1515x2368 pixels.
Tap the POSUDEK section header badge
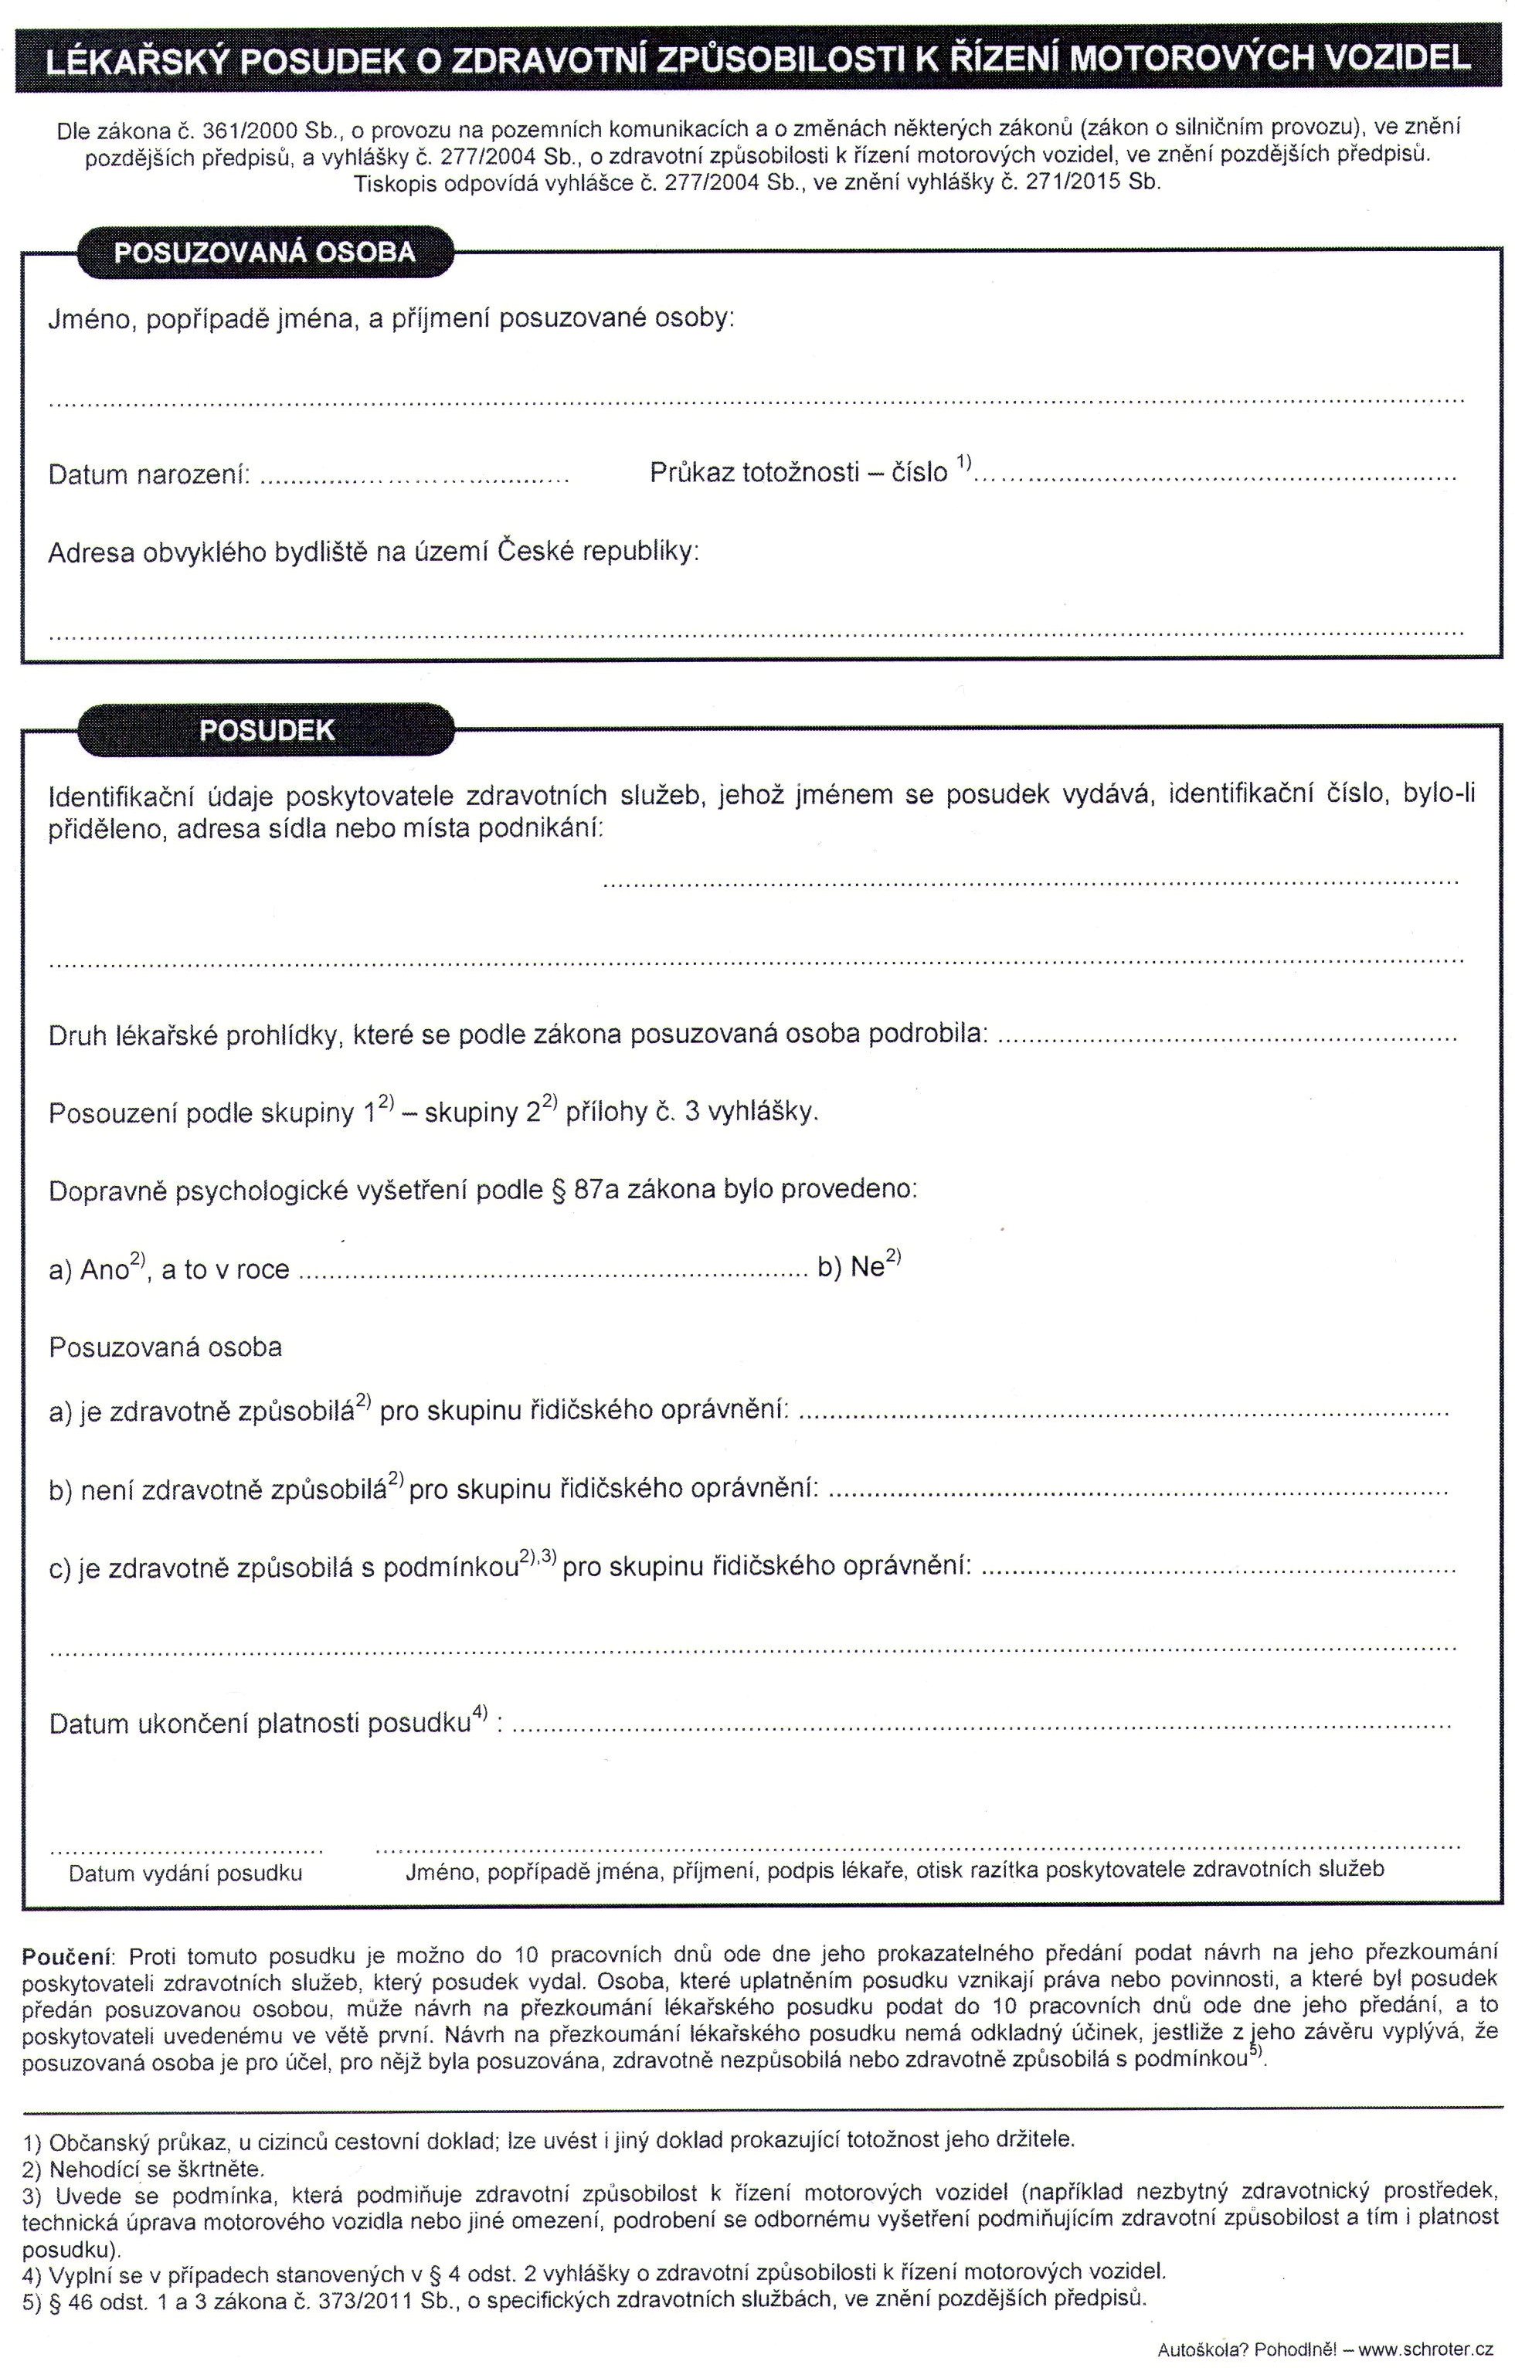267,729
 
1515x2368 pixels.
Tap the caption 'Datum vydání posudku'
185,1873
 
